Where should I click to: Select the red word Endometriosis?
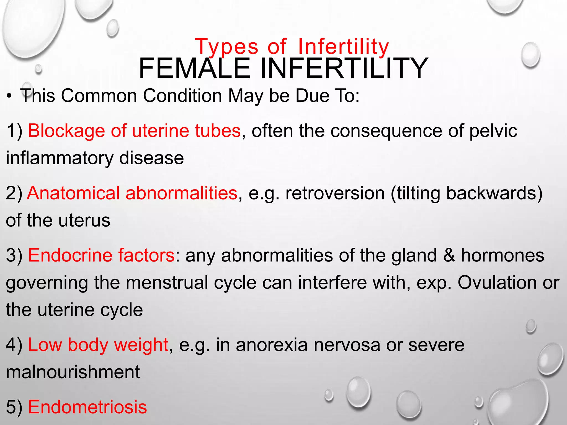[87, 407]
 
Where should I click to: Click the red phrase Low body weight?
[98, 345]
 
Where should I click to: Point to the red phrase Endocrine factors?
[101, 255]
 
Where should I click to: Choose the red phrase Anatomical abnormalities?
[132, 193]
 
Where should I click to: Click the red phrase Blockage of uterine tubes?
[134, 131]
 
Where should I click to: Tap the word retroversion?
[335, 193]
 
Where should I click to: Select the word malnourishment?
[73, 372]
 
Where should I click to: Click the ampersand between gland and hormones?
[449, 255]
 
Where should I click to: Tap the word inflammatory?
[60, 158]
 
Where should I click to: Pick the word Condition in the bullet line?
[182, 96]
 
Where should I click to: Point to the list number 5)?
[14, 407]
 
